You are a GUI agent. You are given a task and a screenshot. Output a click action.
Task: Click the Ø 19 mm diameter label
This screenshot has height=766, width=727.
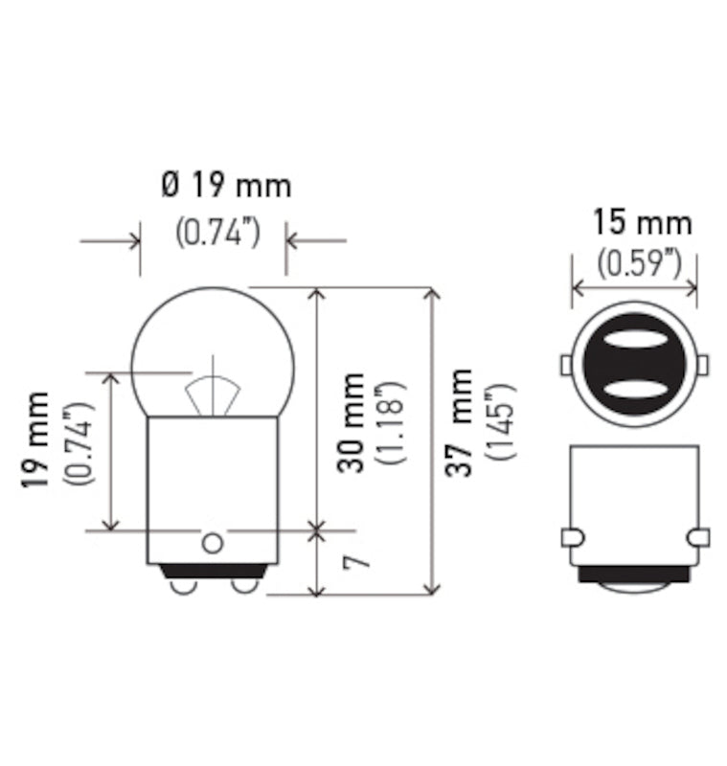click(x=226, y=186)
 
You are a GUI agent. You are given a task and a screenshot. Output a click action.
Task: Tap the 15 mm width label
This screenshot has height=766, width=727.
click(x=642, y=222)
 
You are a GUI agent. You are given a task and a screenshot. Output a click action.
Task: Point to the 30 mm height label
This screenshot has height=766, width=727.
click(x=351, y=422)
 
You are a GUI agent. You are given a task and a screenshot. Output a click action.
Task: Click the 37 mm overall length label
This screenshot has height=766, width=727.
click(x=458, y=423)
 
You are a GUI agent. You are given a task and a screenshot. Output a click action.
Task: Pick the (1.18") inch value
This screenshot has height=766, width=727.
click(x=391, y=423)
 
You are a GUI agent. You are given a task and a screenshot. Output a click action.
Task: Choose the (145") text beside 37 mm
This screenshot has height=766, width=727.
click(x=500, y=421)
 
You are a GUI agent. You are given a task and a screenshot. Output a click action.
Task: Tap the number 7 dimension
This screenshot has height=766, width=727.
click(x=355, y=562)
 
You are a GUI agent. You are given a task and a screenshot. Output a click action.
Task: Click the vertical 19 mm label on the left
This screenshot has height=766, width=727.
click(x=35, y=439)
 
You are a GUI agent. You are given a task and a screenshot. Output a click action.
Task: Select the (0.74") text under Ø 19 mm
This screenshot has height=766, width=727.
click(x=217, y=233)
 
